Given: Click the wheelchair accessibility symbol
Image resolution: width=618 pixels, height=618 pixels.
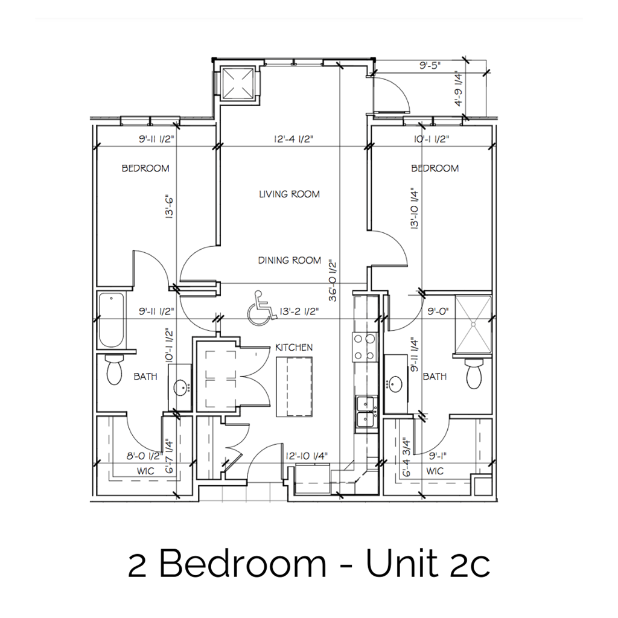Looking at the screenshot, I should coord(260,308).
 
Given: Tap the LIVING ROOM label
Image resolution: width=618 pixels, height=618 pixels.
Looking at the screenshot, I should coord(289,194).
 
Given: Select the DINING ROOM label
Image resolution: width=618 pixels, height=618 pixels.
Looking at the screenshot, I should coord(289,261).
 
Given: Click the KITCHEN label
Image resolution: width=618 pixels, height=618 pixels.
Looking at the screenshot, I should coord(293,348).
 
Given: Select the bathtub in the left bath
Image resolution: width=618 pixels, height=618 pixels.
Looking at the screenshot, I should coord(112,320).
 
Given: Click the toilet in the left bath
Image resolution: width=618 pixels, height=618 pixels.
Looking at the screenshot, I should coord(113,371).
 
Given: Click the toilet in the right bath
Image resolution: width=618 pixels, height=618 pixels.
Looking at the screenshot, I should coord(474,374).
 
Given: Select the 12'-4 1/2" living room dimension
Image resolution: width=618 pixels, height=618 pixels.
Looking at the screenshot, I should coord(292,139).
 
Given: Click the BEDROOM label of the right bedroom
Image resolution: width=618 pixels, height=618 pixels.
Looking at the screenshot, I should coord(435,168).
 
